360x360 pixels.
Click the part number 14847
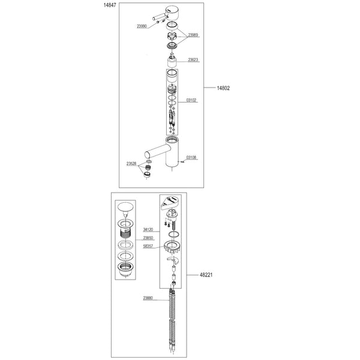click(110, 5)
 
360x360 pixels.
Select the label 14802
click(223, 88)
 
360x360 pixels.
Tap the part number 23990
click(142, 26)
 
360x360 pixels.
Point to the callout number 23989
click(193, 35)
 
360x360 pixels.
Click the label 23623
click(193, 60)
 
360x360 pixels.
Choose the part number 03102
click(191, 100)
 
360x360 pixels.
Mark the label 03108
click(191, 157)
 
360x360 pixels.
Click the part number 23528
click(131, 164)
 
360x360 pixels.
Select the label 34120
click(148, 230)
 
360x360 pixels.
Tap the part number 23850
click(148, 238)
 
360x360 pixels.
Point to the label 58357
click(148, 247)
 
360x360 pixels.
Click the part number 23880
click(148, 298)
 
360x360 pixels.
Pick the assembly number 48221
click(206, 275)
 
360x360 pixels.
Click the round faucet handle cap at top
click(172, 13)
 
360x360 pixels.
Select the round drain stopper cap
click(125, 206)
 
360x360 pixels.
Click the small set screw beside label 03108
click(183, 162)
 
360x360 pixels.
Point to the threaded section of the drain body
click(125, 235)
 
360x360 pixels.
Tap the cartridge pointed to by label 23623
click(172, 62)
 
